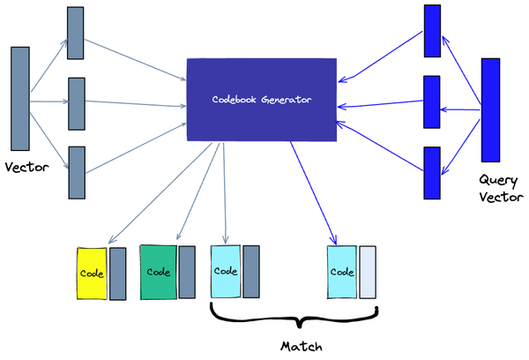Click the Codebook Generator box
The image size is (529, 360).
pyautogui.click(x=262, y=99)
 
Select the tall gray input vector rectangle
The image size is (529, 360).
pyautogui.click(x=20, y=99)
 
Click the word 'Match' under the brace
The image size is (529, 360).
pyautogui.click(x=294, y=344)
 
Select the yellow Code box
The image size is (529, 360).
pyautogui.click(x=93, y=273)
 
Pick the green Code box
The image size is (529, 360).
pyautogui.click(x=158, y=272)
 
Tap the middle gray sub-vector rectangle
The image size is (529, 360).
pyautogui.click(x=77, y=103)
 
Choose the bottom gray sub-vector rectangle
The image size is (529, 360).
pyautogui.click(x=77, y=172)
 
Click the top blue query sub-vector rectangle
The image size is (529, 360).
pyautogui.click(x=432, y=32)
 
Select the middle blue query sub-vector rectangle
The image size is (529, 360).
pyautogui.click(x=432, y=102)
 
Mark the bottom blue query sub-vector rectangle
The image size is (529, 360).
pyautogui.click(x=432, y=173)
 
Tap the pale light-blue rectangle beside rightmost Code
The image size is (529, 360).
pyautogui.click(x=367, y=273)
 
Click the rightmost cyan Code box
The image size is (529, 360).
pyautogui.click(x=340, y=273)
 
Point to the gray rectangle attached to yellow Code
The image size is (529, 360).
pyautogui.click(x=117, y=274)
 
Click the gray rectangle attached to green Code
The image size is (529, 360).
pyautogui.click(x=187, y=272)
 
